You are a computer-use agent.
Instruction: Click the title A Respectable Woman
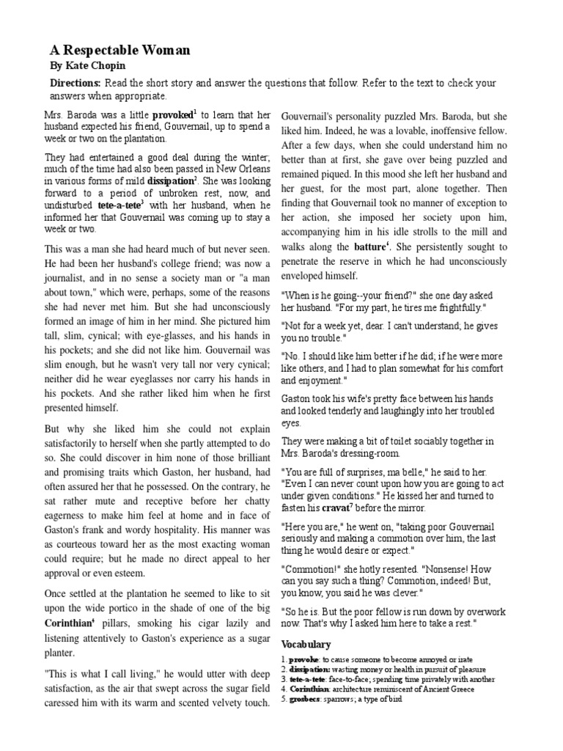pos(119,51)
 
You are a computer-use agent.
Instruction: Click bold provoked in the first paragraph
pos(172,116)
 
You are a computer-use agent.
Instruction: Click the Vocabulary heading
pos(306,644)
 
